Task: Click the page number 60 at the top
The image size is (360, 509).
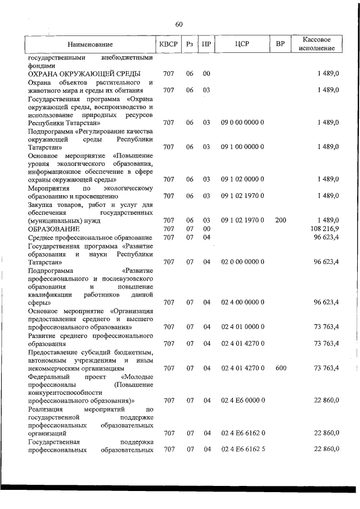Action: click(179, 24)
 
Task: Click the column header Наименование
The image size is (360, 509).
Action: click(90, 44)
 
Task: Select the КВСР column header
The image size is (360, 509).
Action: click(168, 44)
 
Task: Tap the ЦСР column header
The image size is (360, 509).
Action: click(243, 44)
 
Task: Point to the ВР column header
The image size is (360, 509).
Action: click(280, 44)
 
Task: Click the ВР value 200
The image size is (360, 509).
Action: click(280, 220)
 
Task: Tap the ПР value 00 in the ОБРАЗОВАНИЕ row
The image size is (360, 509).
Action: click(206, 229)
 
